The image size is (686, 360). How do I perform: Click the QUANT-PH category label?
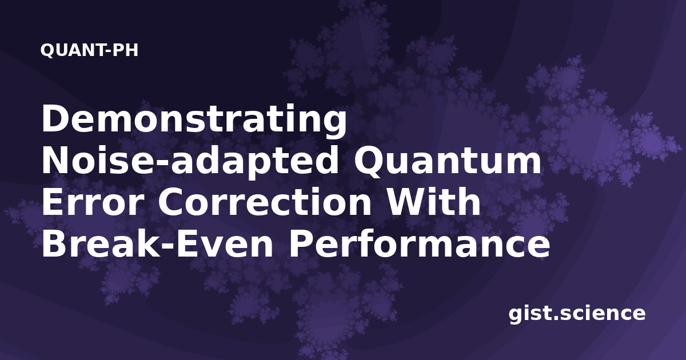tap(89, 50)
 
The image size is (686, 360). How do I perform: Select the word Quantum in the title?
tap(448, 161)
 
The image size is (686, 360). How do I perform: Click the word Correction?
tap(264, 202)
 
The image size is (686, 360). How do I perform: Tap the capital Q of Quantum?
tap(370, 162)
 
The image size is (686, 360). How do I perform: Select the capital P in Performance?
tap(300, 243)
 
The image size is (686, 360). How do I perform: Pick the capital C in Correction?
tap(172, 202)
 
